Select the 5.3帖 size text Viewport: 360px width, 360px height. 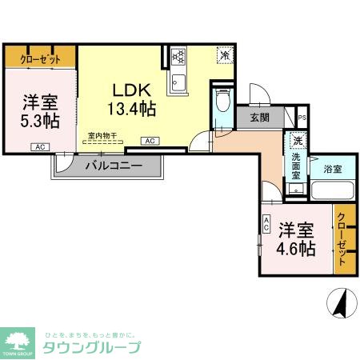point(39,121)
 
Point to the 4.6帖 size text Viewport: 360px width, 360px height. point(296,246)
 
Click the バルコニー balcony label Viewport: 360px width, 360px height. point(114,166)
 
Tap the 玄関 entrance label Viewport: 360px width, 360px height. point(259,118)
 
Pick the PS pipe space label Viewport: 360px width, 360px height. point(301,118)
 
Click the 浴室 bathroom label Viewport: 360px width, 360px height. point(333,169)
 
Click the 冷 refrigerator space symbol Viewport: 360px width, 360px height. point(226,56)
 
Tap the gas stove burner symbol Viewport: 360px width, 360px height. point(178,57)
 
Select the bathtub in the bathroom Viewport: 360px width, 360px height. point(331,191)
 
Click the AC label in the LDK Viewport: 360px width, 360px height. point(149,141)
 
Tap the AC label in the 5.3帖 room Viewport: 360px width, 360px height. point(39,147)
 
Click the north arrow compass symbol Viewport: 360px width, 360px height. point(339,304)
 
